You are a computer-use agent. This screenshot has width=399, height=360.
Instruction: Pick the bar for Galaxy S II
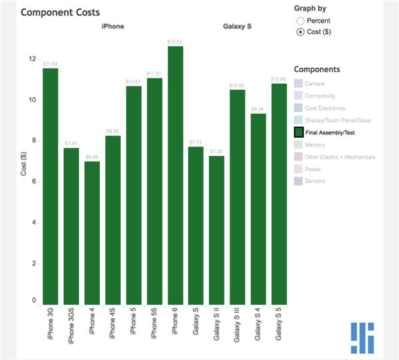(217, 229)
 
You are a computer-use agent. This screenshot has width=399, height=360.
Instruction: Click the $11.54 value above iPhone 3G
(51, 63)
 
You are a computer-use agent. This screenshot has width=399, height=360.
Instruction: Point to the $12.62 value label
(176, 41)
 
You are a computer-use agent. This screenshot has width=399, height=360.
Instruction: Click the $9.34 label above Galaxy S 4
(258, 108)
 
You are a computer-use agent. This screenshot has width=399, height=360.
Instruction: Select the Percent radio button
(301, 21)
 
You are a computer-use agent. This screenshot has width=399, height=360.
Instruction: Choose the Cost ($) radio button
(301, 31)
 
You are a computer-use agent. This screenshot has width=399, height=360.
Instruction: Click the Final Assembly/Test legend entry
(330, 132)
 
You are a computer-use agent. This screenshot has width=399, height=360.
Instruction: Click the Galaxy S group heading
(237, 27)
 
